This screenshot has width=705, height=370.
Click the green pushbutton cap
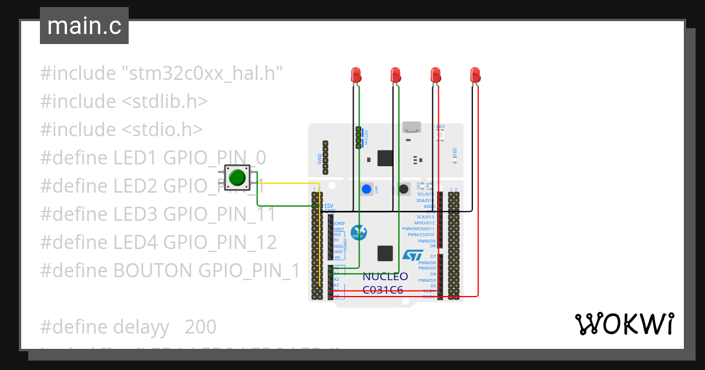click(x=237, y=177)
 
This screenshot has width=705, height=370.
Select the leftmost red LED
click(x=356, y=75)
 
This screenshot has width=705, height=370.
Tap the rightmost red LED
click(x=475, y=75)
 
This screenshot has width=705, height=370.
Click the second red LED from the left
click(x=395, y=75)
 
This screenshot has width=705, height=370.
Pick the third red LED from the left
click(x=435, y=75)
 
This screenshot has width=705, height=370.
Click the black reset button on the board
click(x=404, y=189)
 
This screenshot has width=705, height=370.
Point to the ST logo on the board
click(x=412, y=255)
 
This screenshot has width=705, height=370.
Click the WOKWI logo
click(x=624, y=324)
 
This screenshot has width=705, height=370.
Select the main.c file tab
click(x=84, y=26)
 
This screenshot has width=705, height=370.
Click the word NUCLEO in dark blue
click(x=385, y=277)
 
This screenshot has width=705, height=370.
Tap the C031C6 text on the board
click(x=383, y=290)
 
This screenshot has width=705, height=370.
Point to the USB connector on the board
click(x=412, y=127)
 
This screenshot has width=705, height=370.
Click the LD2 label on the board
click(x=455, y=151)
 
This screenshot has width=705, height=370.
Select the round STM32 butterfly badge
click(x=358, y=233)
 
